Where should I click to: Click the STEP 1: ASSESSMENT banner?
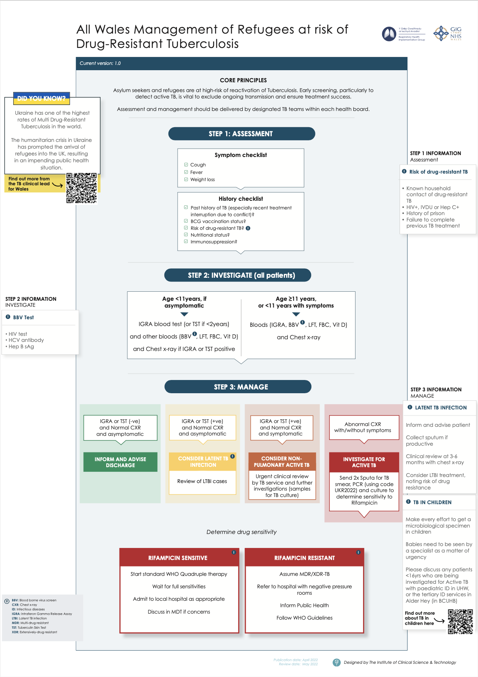coord(241,134)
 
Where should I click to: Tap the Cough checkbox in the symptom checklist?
coord(186,165)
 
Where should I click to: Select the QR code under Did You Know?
coord(81,188)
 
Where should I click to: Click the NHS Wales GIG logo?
coord(448,34)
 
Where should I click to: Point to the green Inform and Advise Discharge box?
coord(120,462)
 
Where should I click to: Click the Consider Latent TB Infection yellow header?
coord(203,462)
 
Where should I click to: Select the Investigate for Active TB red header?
coord(364,462)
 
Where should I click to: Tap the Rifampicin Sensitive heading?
coord(178,558)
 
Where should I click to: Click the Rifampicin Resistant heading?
coord(304,558)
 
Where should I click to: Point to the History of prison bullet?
coord(425,213)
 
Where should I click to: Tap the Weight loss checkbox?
coord(186,179)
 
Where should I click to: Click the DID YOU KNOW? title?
coord(41,98)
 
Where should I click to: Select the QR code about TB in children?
coord(460,622)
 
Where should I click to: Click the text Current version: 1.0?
coord(100,63)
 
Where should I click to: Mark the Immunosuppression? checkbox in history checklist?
coord(186,242)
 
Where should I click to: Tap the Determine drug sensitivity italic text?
coord(241,532)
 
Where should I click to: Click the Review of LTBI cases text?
coord(202,481)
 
